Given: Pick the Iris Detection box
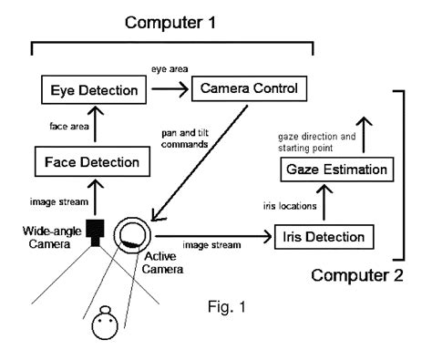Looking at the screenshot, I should pyautogui.click(x=324, y=238).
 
